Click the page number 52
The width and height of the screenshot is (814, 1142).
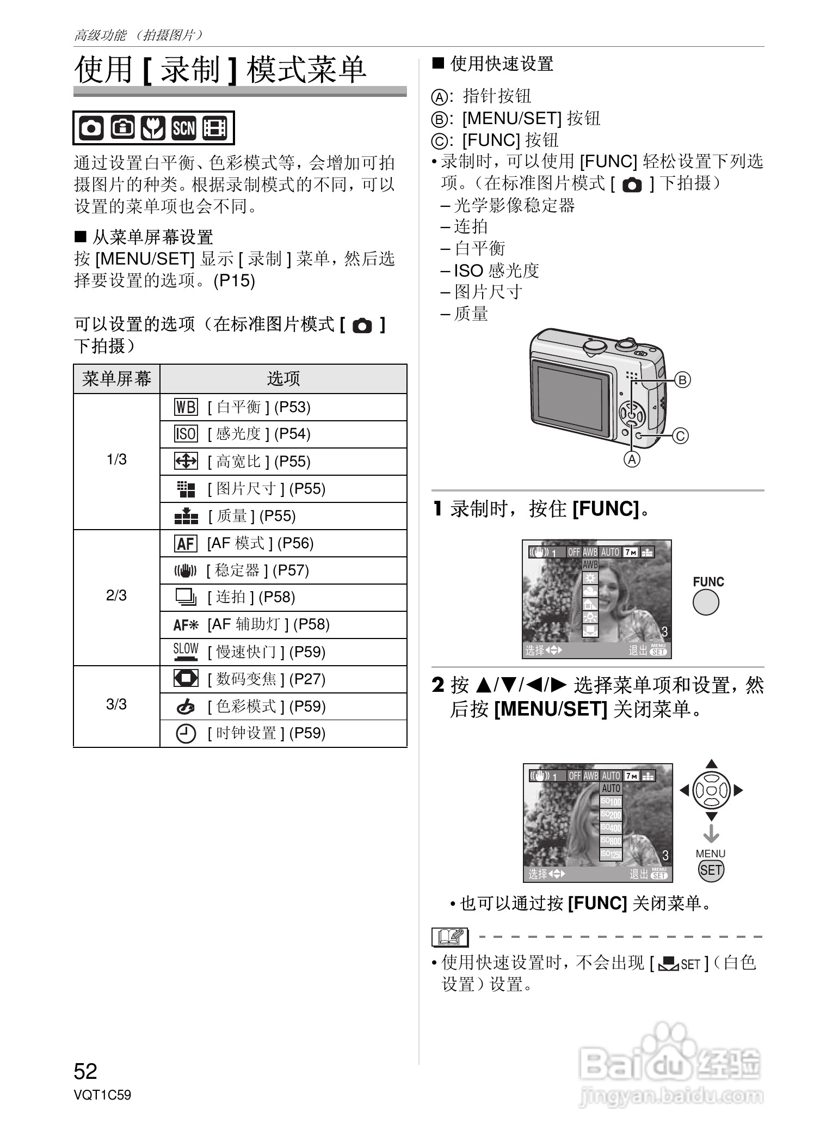pyautogui.click(x=85, y=1071)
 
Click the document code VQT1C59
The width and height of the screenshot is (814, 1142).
pyautogui.click(x=102, y=1095)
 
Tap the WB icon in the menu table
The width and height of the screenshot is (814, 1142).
pyautogui.click(x=186, y=407)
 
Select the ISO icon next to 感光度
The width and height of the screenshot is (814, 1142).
pyautogui.click(x=186, y=434)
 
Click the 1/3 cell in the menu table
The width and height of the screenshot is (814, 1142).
pyautogui.click(x=116, y=460)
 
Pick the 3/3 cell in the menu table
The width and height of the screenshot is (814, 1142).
pyautogui.click(x=116, y=704)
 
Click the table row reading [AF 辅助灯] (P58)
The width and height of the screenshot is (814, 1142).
pyautogui.click(x=268, y=624)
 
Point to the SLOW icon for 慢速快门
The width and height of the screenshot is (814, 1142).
pyautogui.click(x=186, y=651)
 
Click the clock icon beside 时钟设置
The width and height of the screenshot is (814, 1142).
pyautogui.click(x=186, y=733)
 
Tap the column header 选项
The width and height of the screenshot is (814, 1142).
pyautogui.click(x=283, y=379)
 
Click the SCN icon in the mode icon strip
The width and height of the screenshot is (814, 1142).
pyautogui.click(x=183, y=128)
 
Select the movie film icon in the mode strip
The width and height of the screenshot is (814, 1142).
pyautogui.click(x=214, y=128)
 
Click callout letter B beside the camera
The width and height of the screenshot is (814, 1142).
pyautogui.click(x=682, y=379)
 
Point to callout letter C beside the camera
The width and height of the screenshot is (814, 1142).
pyautogui.click(x=680, y=436)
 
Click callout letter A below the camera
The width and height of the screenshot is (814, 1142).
pyautogui.click(x=631, y=460)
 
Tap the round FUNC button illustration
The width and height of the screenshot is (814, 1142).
pyautogui.click(x=706, y=603)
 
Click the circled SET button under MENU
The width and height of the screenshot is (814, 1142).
pyautogui.click(x=711, y=870)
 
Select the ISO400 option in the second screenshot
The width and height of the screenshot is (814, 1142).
pyautogui.click(x=611, y=828)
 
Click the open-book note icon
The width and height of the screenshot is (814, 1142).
pyautogui.click(x=449, y=937)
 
